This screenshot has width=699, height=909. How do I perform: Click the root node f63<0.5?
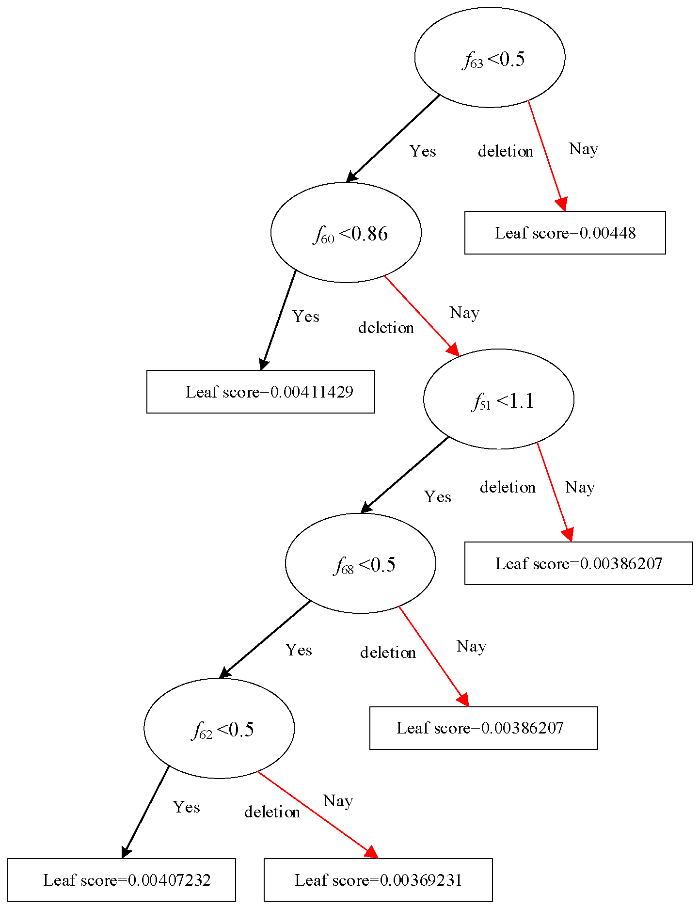(490, 57)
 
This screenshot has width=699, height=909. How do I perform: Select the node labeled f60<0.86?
(346, 233)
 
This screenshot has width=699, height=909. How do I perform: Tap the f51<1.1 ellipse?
(498, 399)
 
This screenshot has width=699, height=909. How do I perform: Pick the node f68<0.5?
(360, 563)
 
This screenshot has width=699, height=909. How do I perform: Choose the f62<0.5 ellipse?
(219, 728)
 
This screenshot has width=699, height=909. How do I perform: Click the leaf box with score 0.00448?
(565, 233)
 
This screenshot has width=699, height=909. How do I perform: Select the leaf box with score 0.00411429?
(260, 392)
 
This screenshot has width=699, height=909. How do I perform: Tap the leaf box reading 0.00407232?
(121, 880)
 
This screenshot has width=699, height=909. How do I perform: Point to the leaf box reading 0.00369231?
(378, 880)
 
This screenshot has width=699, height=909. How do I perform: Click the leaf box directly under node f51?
(578, 563)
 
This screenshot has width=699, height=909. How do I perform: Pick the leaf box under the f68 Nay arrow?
(483, 728)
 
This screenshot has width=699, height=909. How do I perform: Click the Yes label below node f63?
(423, 151)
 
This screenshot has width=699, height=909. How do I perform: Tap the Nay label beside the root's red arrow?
(583, 149)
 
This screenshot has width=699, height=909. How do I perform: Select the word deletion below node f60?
(386, 328)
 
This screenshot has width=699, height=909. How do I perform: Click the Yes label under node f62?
(187, 807)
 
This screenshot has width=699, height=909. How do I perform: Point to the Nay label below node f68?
(471, 646)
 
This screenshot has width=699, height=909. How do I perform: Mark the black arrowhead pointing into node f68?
(366, 508)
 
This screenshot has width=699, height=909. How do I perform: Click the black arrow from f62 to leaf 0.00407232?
(145, 811)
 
